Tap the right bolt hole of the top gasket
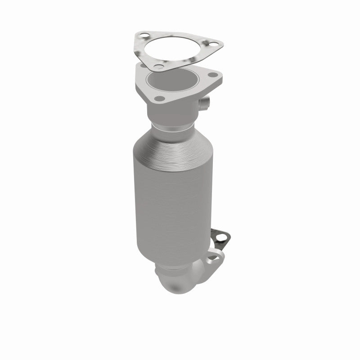coord(208,43)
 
